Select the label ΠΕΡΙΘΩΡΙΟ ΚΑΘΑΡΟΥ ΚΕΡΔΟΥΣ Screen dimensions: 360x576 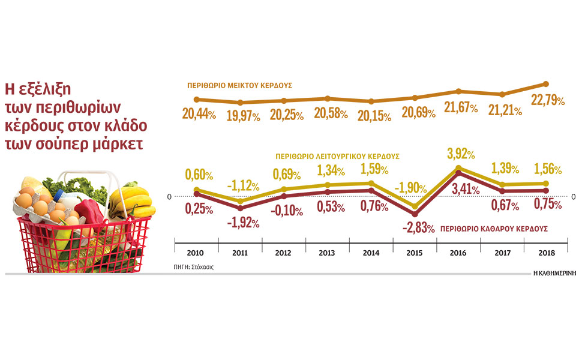pyautogui.click(x=493, y=229)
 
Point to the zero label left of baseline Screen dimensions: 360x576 pyautogui.click(x=170, y=196)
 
